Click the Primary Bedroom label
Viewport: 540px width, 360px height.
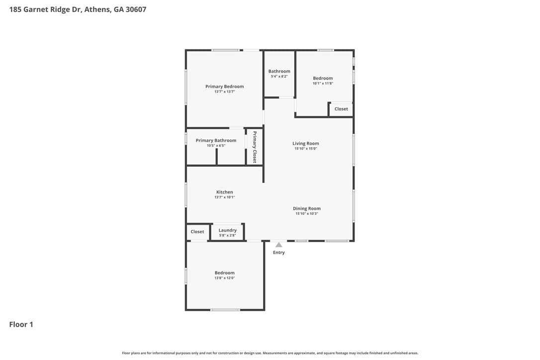[225, 87]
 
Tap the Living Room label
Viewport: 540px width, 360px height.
[306, 143]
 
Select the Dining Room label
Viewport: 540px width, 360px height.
[307, 208]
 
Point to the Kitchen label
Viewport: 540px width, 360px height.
[225, 192]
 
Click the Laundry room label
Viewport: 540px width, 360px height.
[228, 230]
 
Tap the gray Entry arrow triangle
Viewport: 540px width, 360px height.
[279, 245]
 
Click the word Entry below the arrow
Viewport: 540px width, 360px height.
[279, 253]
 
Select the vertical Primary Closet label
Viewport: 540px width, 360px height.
[255, 147]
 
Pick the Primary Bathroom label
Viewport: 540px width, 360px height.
[216, 141]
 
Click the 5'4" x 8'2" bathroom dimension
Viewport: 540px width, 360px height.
[279, 77]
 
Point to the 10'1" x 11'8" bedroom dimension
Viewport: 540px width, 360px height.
[323, 84]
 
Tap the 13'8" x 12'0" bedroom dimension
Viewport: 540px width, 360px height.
[225, 278]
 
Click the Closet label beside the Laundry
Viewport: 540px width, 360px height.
[197, 232]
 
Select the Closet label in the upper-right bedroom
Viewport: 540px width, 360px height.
[341, 109]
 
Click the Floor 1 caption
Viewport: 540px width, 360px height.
[21, 325]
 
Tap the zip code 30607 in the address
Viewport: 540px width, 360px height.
[136, 9]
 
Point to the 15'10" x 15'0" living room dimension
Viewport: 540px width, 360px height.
[306, 149]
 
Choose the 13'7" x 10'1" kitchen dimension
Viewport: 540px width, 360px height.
[225, 197]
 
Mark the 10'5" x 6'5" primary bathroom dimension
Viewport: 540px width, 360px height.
[216, 146]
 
